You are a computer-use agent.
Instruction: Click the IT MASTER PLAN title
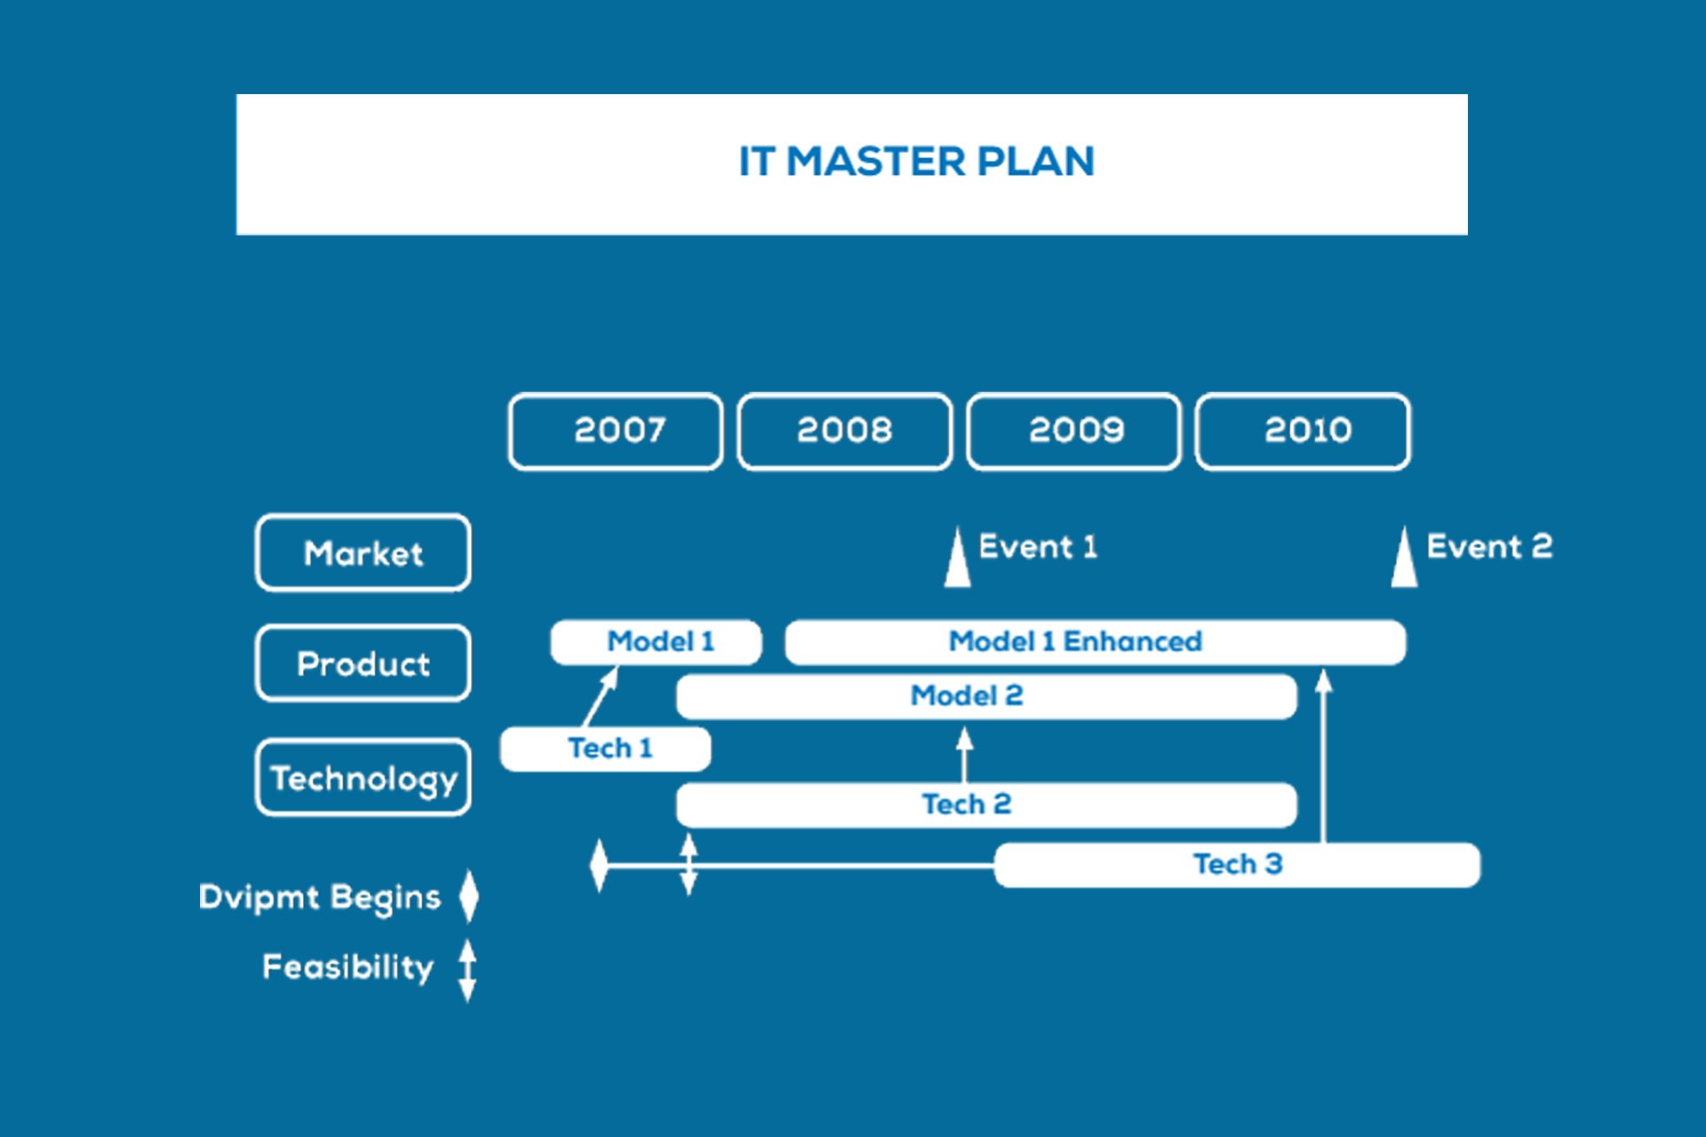coord(916,162)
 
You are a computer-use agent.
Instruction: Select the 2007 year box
coord(616,431)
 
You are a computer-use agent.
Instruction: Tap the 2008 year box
coord(845,431)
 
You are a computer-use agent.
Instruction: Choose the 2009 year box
coord(1074,431)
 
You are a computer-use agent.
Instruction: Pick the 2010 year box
coord(1303,431)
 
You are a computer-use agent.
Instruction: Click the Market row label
coord(363,553)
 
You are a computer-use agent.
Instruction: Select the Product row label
coord(363,664)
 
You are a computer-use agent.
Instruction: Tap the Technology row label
coord(363,777)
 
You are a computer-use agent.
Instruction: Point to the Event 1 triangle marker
coord(957,558)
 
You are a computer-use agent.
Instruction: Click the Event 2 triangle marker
coord(1404,558)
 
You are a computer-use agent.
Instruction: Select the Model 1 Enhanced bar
coord(1096,642)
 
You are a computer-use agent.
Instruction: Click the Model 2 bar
coord(986,696)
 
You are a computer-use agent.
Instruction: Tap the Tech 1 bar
coord(605,749)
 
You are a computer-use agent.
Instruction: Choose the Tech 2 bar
coord(986,805)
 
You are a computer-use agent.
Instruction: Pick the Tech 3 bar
coord(1238,864)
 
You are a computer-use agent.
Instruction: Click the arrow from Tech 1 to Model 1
coord(601,697)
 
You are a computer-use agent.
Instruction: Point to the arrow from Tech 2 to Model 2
coord(964,755)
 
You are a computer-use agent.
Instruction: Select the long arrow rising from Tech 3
coord(1324,756)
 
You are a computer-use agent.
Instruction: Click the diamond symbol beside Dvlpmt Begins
coord(469,895)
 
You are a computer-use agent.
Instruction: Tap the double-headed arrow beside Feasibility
coord(467,971)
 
